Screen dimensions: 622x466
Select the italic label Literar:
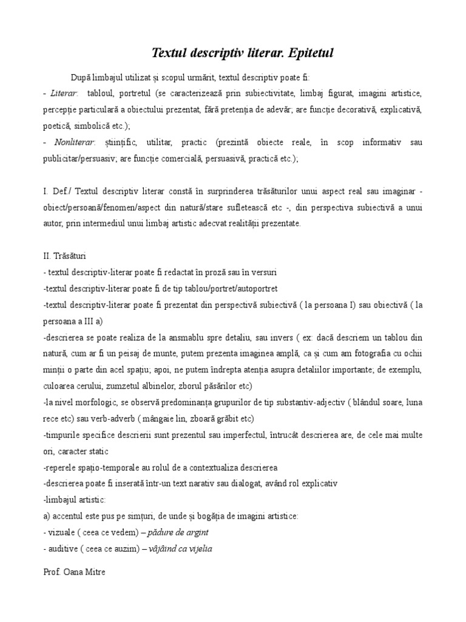tap(63, 94)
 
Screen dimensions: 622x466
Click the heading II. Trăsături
tap(66, 256)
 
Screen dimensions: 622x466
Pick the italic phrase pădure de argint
tap(180, 533)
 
